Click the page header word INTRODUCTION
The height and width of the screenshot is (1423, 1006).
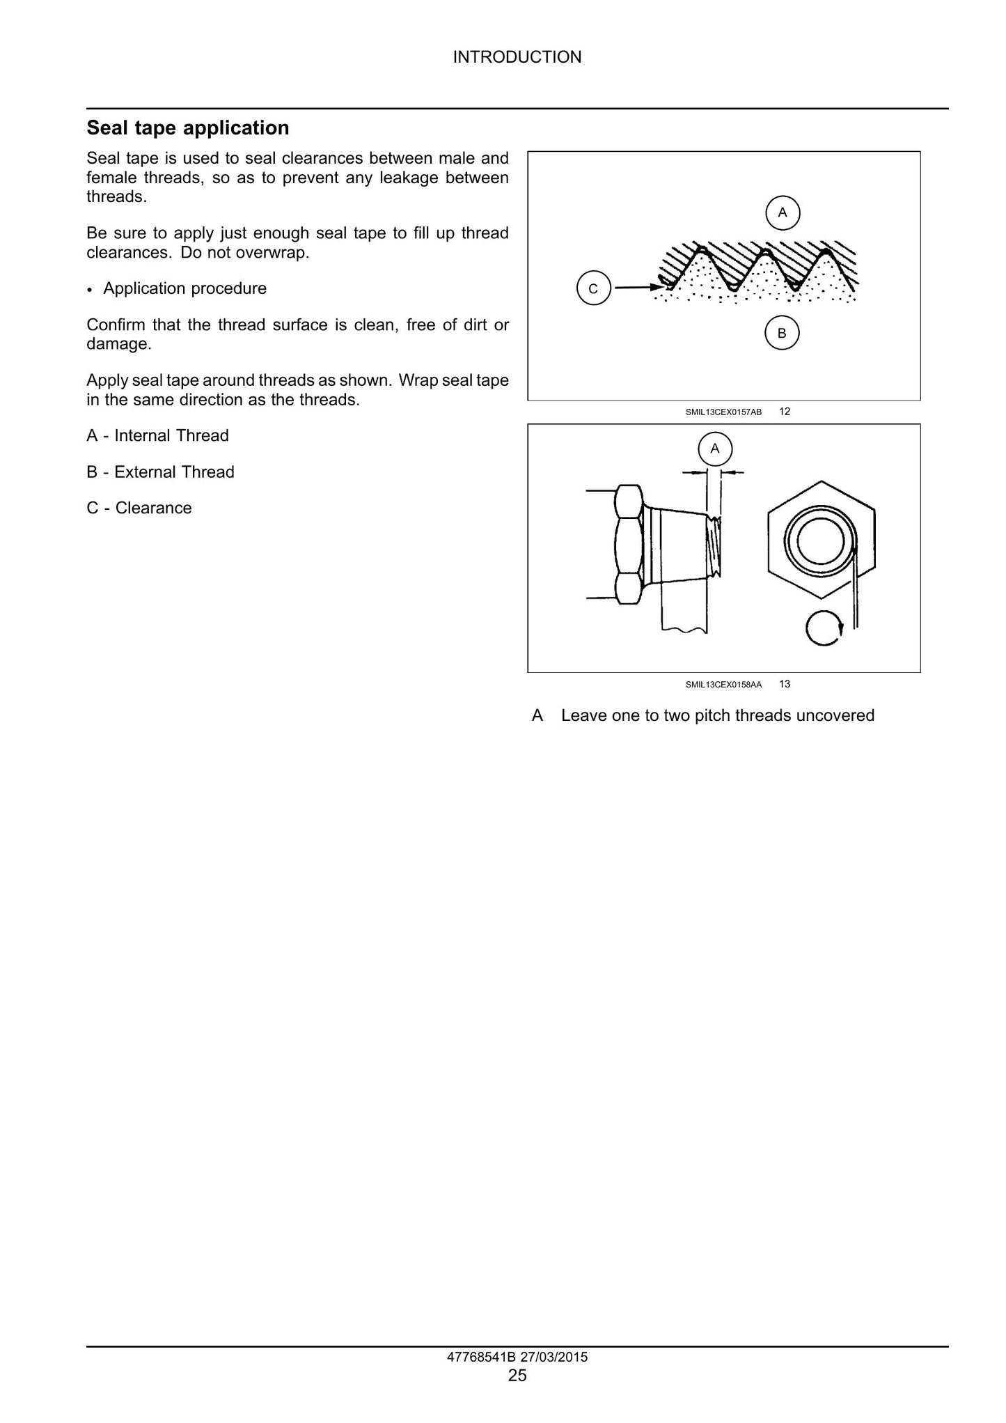pyautogui.click(x=517, y=57)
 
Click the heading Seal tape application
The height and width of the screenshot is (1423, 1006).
pyautogui.click(x=188, y=128)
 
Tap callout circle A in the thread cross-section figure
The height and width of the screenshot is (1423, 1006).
pyautogui.click(x=783, y=212)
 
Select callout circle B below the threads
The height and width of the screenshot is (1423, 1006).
pyautogui.click(x=782, y=333)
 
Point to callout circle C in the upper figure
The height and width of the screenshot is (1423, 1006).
pyautogui.click(x=593, y=288)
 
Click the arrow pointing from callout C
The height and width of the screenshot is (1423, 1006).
pyautogui.click(x=639, y=286)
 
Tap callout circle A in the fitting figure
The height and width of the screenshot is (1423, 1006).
pyautogui.click(x=715, y=449)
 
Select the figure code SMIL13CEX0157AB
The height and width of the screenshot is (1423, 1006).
pyautogui.click(x=723, y=412)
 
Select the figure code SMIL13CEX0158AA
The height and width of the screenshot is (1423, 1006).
pyautogui.click(x=723, y=685)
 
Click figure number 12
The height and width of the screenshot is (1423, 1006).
pyautogui.click(x=785, y=412)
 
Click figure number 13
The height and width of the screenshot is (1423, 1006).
pyautogui.click(x=785, y=684)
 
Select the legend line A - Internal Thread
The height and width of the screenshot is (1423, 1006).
pyautogui.click(x=157, y=436)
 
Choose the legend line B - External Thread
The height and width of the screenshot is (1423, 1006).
pyautogui.click(x=160, y=472)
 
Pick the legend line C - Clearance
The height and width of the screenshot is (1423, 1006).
pyautogui.click(x=139, y=508)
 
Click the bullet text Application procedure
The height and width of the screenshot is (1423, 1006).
pyautogui.click(x=184, y=289)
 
